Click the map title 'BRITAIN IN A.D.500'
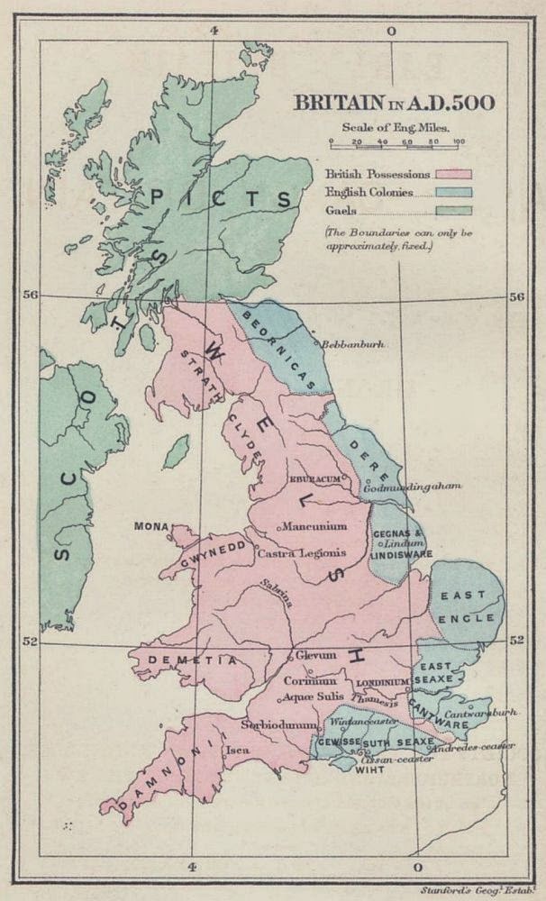click(x=392, y=102)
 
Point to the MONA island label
click(x=150, y=525)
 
